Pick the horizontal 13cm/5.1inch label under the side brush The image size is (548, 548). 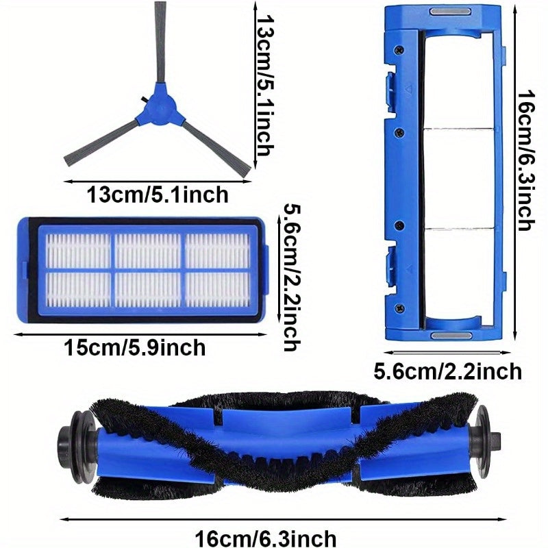click(157, 195)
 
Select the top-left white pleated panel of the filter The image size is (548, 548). click(77, 250)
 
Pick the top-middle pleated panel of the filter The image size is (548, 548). click(148, 250)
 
